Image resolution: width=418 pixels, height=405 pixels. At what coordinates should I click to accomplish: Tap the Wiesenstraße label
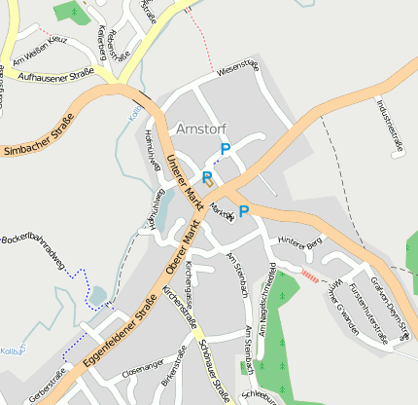(x=237, y=69)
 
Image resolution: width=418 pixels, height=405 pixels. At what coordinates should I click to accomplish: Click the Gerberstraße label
(x=47, y=386)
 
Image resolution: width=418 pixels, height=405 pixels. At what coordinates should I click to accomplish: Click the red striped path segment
(x=309, y=276)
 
